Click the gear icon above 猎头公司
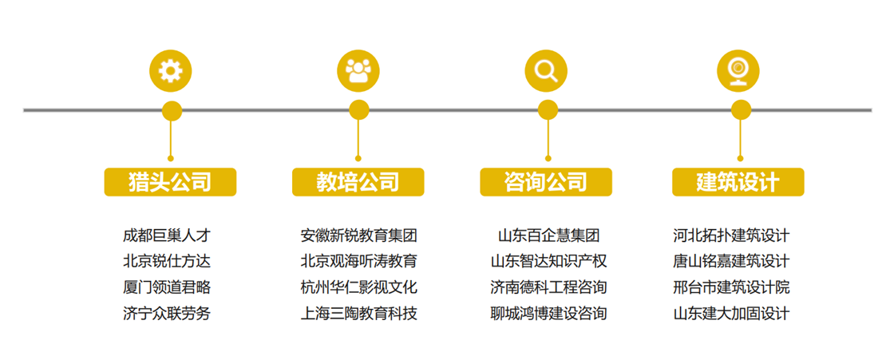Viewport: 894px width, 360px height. point(171,71)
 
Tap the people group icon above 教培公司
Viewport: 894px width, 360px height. point(358,71)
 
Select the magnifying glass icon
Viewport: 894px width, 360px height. point(546,71)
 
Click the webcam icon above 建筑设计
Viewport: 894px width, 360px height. point(738,71)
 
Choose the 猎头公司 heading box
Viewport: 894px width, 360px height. point(170,182)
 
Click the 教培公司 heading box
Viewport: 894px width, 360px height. point(358,182)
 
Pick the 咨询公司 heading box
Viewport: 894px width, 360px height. point(546,182)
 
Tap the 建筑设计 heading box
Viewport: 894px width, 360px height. point(738,182)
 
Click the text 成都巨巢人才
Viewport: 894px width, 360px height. point(167,235)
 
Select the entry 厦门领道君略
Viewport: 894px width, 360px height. point(167,287)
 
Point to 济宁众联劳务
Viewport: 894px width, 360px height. point(167,313)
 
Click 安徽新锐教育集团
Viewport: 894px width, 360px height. point(358,235)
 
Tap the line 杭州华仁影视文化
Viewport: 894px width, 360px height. point(358,287)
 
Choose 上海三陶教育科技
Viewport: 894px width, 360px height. point(358,313)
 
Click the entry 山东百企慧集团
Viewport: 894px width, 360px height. point(548,235)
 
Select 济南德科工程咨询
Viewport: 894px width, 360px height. point(548,287)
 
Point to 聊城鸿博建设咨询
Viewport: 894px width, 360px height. point(548,313)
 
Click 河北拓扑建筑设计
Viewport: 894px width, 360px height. point(731,235)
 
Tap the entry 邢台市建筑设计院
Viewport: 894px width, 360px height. point(731,287)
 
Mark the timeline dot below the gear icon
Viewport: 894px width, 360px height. point(172,111)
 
